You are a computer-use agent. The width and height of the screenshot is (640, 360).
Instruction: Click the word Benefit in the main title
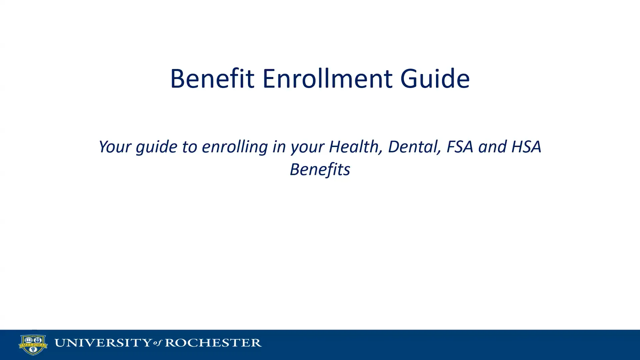coord(212,79)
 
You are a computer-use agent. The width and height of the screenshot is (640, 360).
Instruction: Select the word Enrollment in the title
coord(327,79)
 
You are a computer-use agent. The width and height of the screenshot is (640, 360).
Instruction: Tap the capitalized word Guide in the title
coord(435,79)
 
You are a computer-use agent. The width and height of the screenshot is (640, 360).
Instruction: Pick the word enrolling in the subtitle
coord(235,147)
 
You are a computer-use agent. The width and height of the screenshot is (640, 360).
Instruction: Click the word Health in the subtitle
coord(355,147)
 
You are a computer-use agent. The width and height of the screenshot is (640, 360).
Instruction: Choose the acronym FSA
coord(460,147)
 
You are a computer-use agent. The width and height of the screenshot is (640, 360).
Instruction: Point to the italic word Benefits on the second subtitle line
coord(320,169)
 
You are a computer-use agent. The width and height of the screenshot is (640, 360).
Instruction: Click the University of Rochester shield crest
coord(33,345)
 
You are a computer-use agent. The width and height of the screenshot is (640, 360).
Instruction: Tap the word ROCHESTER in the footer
coord(213,343)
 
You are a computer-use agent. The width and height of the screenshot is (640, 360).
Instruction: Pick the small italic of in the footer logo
coord(158,343)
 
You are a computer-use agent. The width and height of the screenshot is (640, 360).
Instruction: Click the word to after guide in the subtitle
coord(189,147)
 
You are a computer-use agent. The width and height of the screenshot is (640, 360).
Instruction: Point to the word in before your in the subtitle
coord(279,147)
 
